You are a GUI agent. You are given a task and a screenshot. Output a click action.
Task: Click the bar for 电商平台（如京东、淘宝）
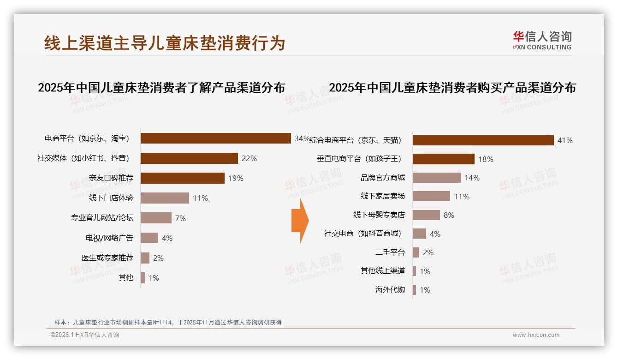[215, 138]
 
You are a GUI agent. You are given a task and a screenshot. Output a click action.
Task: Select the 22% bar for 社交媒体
[189, 158]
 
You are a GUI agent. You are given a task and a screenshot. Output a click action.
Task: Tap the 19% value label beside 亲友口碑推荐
[236, 178]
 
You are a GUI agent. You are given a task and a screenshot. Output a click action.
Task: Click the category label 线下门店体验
[111, 198]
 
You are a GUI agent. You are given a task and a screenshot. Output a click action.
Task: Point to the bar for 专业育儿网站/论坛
[156, 218]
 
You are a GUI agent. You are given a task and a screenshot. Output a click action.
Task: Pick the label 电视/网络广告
[109, 238]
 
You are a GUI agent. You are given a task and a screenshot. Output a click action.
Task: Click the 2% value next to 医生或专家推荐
[158, 258]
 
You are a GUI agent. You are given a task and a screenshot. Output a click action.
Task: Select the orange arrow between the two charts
[300, 221]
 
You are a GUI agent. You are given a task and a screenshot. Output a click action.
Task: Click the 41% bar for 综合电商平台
[483, 140]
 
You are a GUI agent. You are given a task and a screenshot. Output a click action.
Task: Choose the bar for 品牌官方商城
[436, 178]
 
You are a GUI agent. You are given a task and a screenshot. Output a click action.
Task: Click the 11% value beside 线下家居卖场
[462, 197]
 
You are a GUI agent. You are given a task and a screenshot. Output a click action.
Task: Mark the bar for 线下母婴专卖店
[426, 215]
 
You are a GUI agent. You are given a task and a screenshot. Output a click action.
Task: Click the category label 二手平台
[390, 252]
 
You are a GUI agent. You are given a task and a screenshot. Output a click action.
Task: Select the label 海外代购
[390, 290]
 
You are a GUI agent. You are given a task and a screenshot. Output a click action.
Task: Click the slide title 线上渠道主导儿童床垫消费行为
[165, 43]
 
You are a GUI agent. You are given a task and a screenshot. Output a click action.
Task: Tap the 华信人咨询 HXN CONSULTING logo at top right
[542, 41]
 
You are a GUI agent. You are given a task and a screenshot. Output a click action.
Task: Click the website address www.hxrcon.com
[536, 335]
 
